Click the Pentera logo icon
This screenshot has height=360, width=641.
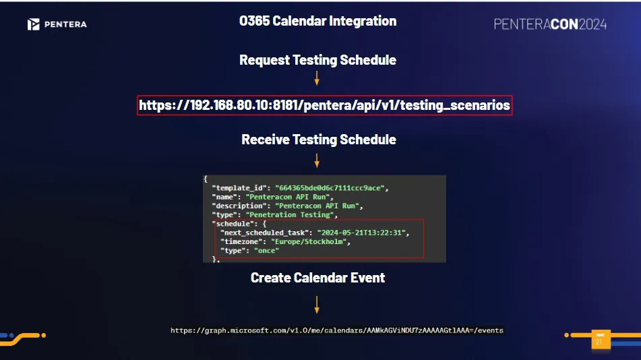(34, 24)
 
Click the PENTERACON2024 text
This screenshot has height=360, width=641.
(550, 24)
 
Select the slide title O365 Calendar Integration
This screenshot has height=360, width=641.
(317, 21)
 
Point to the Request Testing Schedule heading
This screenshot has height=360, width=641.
(317, 60)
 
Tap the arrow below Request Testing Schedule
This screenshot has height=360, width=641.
(317, 78)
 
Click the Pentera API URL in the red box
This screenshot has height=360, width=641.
(325, 105)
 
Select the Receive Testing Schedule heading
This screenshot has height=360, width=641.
(318, 140)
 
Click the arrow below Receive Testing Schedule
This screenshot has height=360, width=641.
(317, 160)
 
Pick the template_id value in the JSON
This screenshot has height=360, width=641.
(330, 188)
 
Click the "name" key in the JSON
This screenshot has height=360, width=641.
(224, 197)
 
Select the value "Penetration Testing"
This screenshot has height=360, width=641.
(290, 215)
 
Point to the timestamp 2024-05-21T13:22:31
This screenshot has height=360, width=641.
(361, 233)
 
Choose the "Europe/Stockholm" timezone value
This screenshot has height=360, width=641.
(309, 242)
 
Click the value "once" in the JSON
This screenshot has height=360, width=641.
(266, 251)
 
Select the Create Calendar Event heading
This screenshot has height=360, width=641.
(317, 278)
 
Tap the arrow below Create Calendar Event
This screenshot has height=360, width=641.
(317, 305)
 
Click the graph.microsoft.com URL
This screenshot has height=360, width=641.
(337, 330)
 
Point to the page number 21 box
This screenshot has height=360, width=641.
(601, 340)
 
